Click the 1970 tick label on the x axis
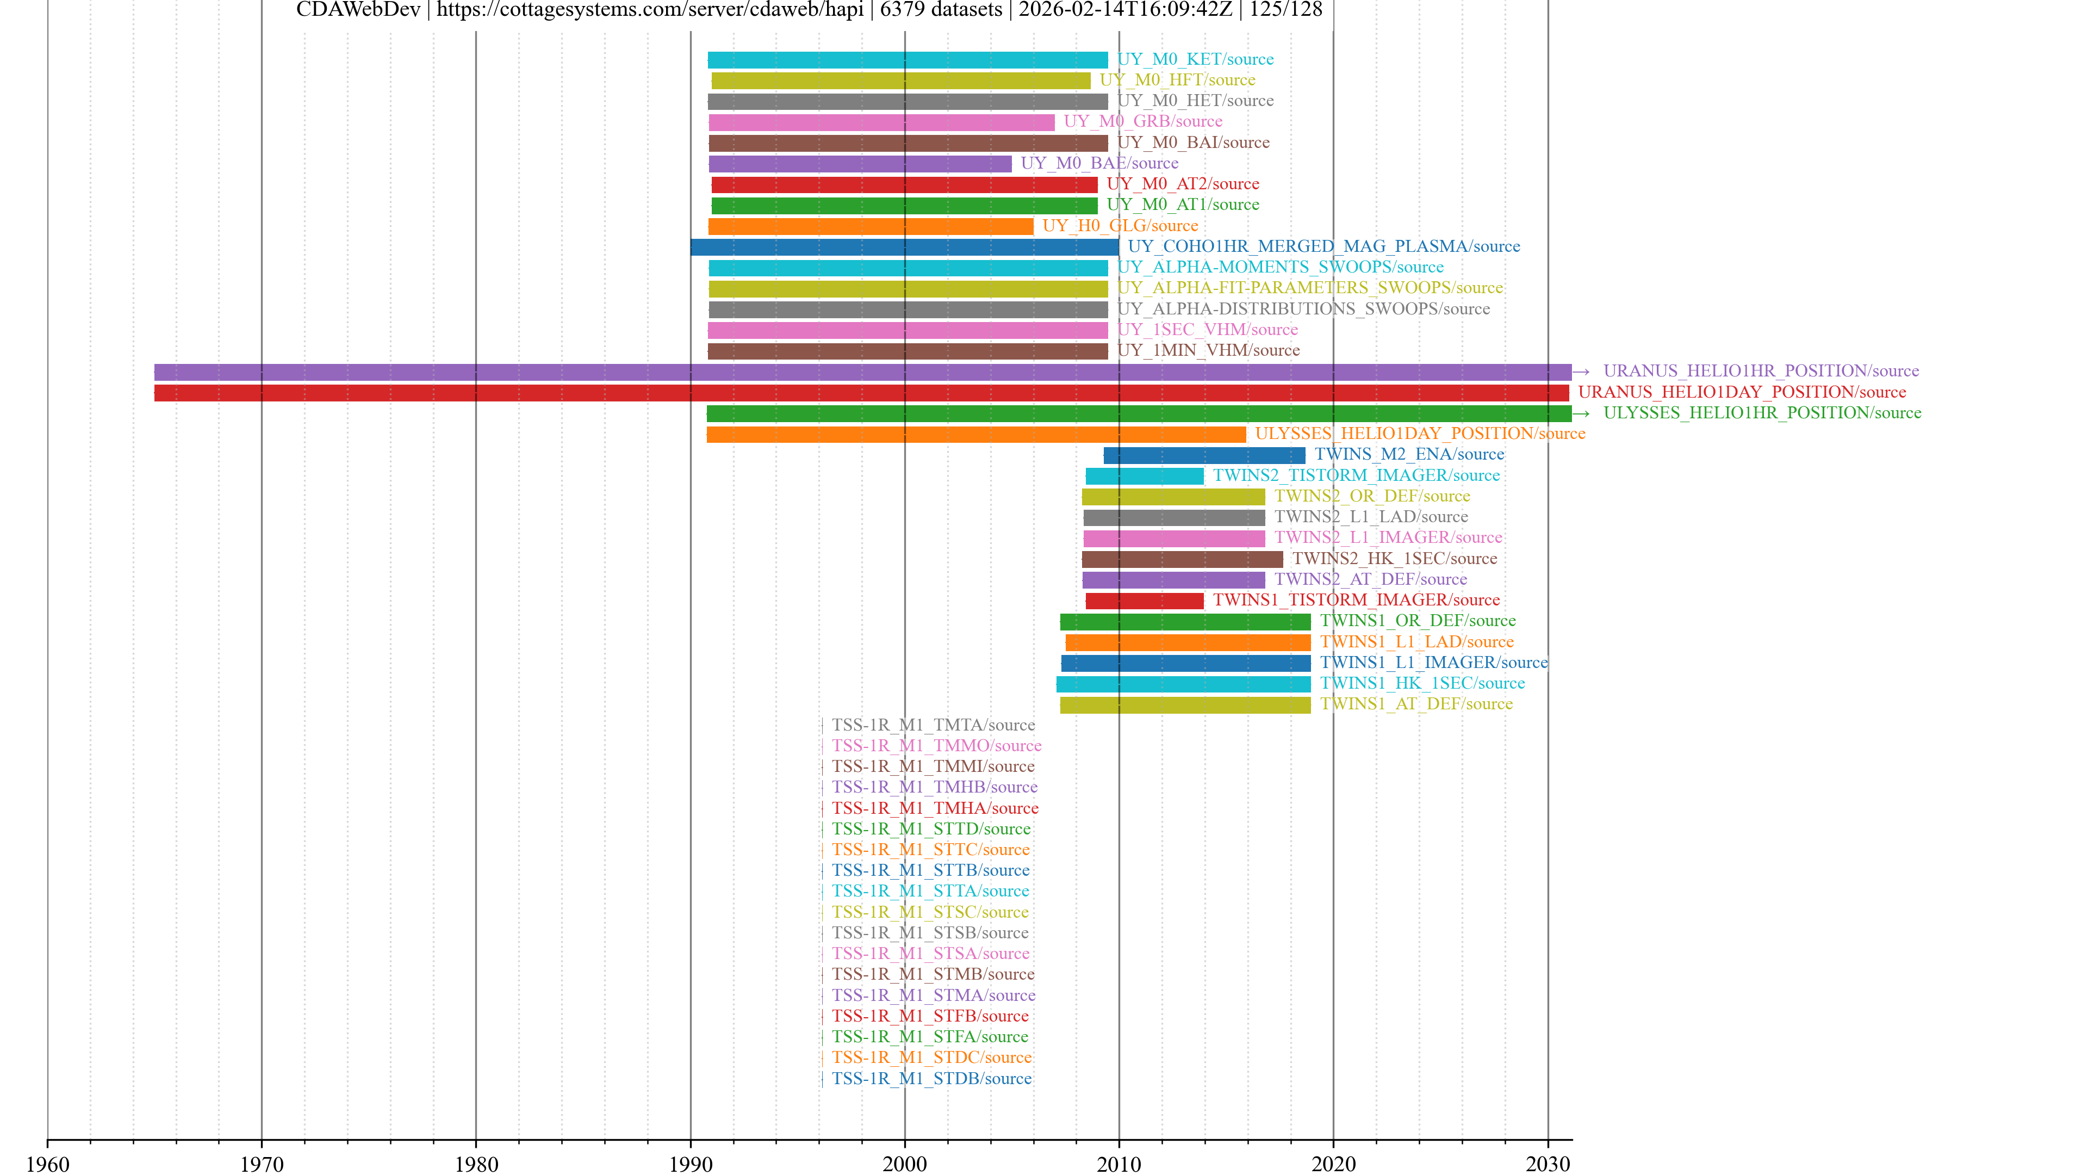coord(262,1164)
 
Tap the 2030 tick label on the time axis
coord(1548,1164)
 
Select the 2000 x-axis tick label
coord(905,1164)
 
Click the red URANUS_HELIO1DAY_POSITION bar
coord(861,392)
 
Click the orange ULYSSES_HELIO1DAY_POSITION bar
coord(976,435)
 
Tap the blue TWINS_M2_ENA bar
coord(1204,455)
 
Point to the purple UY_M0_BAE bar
coord(860,164)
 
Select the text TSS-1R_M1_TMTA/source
coord(933,725)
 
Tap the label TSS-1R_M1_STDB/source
coord(931,1079)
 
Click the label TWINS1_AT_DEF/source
coord(1416,704)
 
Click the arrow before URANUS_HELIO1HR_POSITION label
coord(1581,372)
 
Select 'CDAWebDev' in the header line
coord(358,10)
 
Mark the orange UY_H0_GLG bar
coord(871,226)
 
